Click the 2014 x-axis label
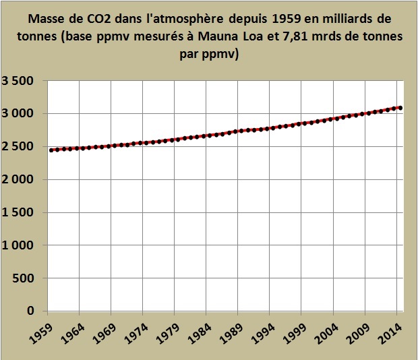392,331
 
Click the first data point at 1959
51,150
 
